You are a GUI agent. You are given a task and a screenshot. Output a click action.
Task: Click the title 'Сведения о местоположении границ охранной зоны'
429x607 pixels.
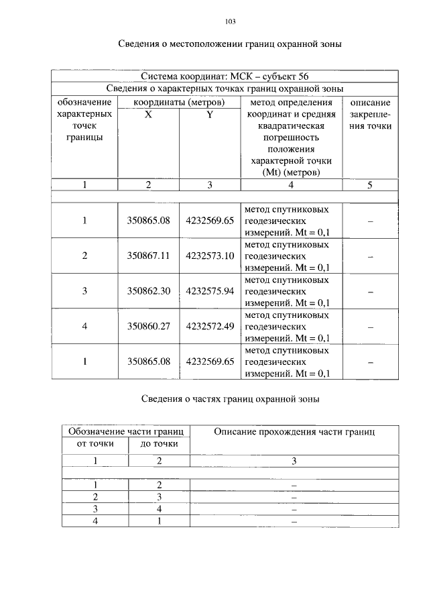(x=231, y=45)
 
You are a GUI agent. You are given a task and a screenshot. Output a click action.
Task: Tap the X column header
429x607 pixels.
(x=149, y=115)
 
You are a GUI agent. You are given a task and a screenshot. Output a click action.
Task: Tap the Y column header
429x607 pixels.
(x=209, y=115)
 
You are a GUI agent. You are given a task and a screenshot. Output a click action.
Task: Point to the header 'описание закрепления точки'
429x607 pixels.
(x=370, y=115)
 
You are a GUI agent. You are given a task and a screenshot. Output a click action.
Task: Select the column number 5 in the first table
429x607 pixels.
(x=370, y=186)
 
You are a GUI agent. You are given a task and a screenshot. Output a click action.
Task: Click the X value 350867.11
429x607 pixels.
(x=149, y=256)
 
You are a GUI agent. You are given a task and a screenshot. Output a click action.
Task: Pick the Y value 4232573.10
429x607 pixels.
(x=210, y=256)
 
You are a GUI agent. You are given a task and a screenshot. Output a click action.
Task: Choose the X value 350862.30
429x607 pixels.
(x=149, y=291)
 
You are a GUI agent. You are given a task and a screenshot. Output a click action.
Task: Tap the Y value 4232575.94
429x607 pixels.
(x=210, y=291)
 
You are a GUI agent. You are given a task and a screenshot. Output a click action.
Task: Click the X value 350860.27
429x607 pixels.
(x=149, y=327)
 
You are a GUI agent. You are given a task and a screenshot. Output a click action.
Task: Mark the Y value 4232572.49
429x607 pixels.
(x=210, y=327)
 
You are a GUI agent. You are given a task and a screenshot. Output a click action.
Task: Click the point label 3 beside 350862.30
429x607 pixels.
(x=84, y=291)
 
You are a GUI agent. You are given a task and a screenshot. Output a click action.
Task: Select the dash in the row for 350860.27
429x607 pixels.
(x=370, y=327)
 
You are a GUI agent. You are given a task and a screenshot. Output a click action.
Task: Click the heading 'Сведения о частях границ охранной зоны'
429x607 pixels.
(x=230, y=399)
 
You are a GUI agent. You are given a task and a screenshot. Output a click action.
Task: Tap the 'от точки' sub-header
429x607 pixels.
(x=95, y=443)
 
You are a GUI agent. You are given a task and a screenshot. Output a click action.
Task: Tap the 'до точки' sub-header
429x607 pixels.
(x=159, y=443)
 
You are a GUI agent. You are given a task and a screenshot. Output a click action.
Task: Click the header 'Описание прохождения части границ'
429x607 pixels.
(x=294, y=432)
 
